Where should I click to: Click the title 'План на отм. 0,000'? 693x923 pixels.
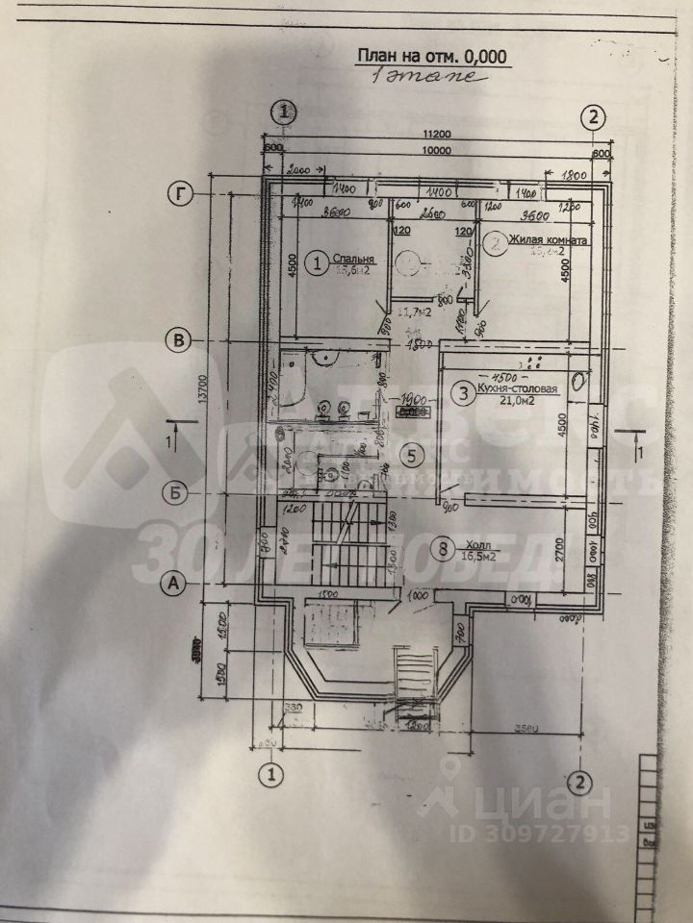430,56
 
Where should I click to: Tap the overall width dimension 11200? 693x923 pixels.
435,137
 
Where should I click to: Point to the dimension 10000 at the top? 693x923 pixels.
436,151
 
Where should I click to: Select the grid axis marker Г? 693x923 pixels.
177,193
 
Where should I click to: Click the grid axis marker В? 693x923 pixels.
177,338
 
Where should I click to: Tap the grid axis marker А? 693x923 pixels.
175,582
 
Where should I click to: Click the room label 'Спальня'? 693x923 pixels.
354,259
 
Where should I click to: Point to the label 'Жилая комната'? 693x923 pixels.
549,241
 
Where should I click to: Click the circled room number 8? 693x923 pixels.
442,550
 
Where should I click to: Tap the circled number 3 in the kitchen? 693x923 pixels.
463,392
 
